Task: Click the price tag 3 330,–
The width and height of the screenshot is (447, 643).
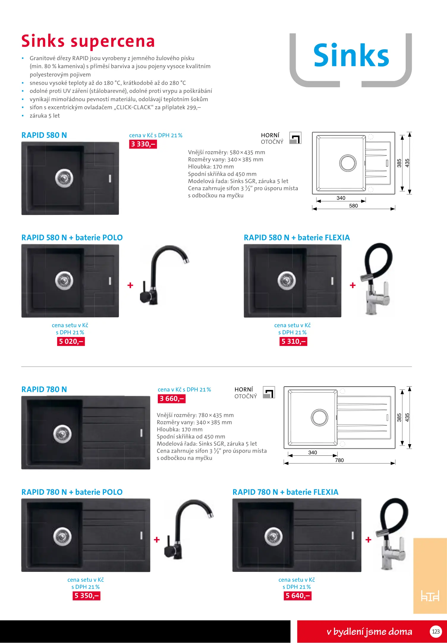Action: tap(143, 144)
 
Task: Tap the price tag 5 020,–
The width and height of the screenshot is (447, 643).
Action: tap(71, 341)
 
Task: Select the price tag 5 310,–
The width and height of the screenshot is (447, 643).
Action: tap(293, 341)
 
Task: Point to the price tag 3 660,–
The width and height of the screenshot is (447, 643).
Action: tap(172, 399)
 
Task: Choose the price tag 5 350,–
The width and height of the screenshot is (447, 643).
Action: tap(86, 596)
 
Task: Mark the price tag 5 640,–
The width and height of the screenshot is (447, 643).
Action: tap(298, 596)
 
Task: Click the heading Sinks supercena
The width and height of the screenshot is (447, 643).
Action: tap(88, 41)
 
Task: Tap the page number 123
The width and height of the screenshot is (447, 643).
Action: tap(436, 631)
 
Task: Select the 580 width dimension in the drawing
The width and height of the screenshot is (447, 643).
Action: tap(353, 206)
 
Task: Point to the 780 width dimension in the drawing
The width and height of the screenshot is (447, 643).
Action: tap(339, 460)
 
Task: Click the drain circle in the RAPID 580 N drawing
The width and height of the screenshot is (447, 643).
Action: tap(348, 163)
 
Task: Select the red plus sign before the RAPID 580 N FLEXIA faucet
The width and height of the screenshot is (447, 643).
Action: tap(353, 285)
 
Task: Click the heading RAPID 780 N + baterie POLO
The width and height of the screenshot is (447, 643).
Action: tap(72, 492)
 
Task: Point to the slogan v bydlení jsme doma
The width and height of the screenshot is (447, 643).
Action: tap(369, 632)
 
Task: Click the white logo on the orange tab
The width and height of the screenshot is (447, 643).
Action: tap(430, 596)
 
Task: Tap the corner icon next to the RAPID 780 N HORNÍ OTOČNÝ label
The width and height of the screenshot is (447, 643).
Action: tap(269, 392)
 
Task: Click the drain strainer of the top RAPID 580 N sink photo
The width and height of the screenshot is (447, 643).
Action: tap(64, 178)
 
